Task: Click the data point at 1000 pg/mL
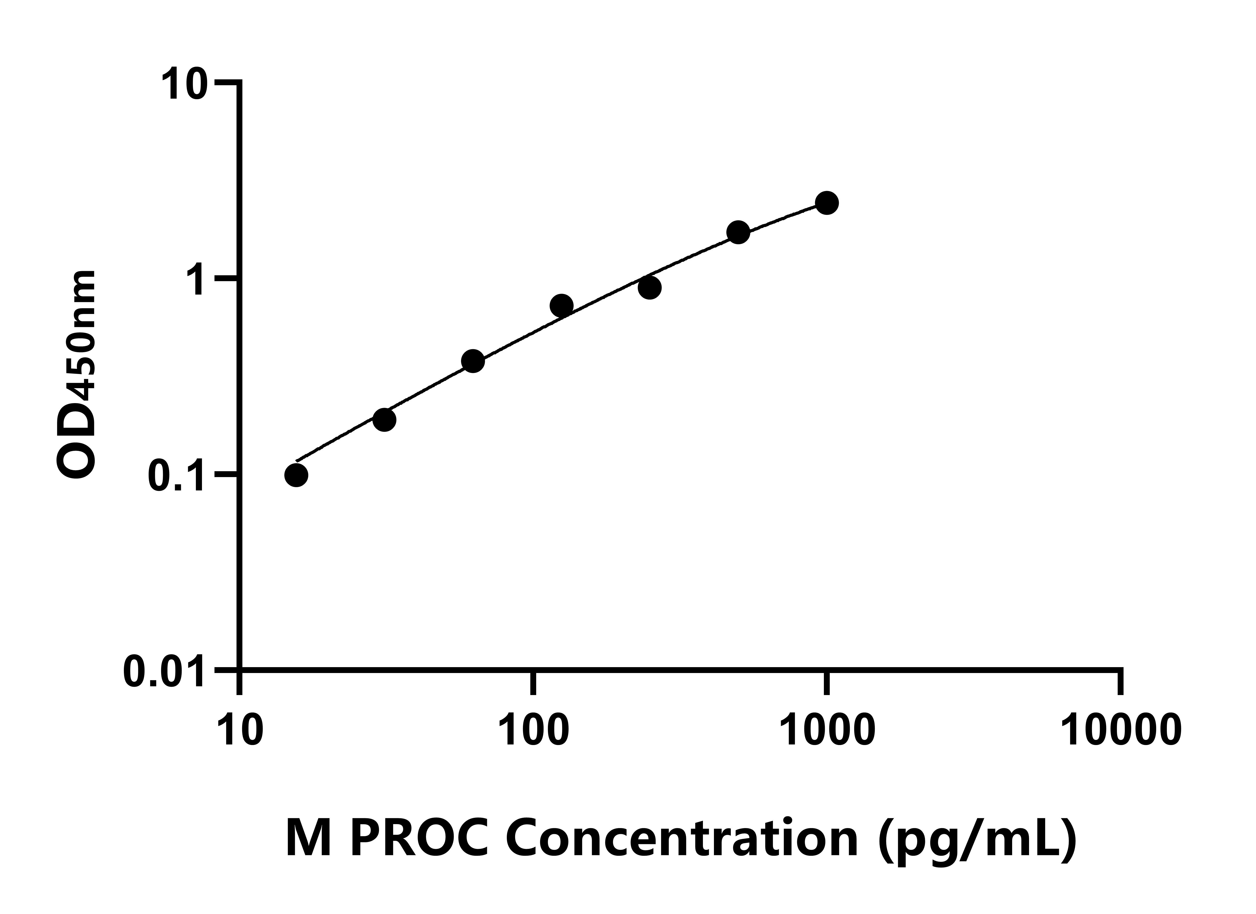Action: point(827,203)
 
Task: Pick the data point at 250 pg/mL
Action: point(650,288)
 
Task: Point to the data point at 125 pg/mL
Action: point(562,305)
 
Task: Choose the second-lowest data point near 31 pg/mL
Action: point(384,419)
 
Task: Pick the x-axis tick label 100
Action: point(533,730)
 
